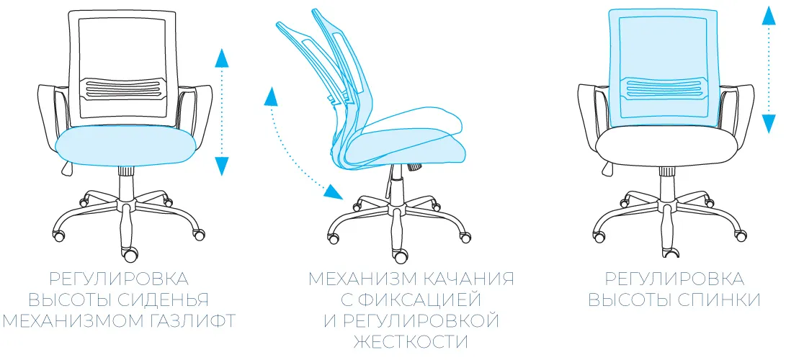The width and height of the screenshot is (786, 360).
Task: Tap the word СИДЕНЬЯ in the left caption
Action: (165, 299)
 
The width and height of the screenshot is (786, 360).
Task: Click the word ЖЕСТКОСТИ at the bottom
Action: (411, 342)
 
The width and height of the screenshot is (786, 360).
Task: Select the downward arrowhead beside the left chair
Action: (222, 166)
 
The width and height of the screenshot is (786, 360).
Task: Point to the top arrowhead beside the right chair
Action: (769, 15)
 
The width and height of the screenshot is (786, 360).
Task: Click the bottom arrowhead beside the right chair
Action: (769, 124)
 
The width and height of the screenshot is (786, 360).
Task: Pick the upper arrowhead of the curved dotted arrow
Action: (271, 96)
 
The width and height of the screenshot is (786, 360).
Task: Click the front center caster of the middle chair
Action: (401, 256)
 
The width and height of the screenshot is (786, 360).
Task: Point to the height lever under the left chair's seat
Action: (66, 167)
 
